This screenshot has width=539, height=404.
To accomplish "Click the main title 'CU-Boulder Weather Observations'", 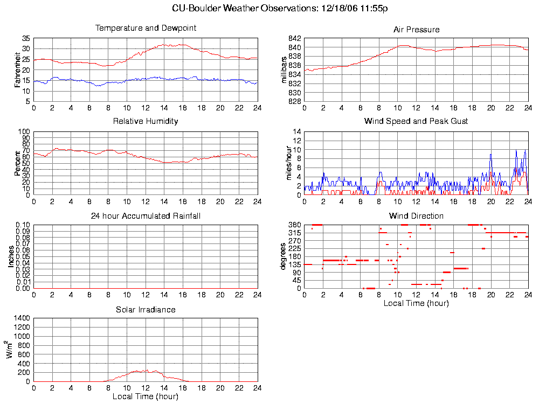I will (x=280, y=8).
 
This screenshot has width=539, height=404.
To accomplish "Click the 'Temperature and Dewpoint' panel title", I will (x=146, y=28).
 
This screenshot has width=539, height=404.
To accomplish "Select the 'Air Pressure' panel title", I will (x=416, y=30).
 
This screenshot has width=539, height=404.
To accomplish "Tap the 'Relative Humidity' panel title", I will (x=146, y=121).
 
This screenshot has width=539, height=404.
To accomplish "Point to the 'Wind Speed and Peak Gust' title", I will (x=416, y=121).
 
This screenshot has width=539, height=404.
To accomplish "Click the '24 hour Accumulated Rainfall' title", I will (x=146, y=216).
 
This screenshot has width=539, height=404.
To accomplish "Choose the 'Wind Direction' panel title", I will (x=416, y=216).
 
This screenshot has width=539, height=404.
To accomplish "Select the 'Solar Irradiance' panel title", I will (x=146, y=310).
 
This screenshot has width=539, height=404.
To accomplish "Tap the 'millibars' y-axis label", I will (x=286, y=70).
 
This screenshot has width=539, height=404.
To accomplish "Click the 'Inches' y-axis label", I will (x=11, y=257).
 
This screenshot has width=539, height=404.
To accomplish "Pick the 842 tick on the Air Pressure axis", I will (x=294, y=39).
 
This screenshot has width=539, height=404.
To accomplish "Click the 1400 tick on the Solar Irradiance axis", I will (x=20, y=319).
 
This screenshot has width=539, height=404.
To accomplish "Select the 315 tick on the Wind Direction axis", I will (x=293, y=233).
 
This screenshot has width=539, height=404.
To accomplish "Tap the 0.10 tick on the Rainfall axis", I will (x=22, y=225).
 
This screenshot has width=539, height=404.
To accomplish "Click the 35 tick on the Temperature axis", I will (x=26, y=39).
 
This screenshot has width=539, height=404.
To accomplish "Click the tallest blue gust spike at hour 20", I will (x=491, y=155).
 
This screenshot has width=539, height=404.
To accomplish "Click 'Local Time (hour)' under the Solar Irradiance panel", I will (x=146, y=397).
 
